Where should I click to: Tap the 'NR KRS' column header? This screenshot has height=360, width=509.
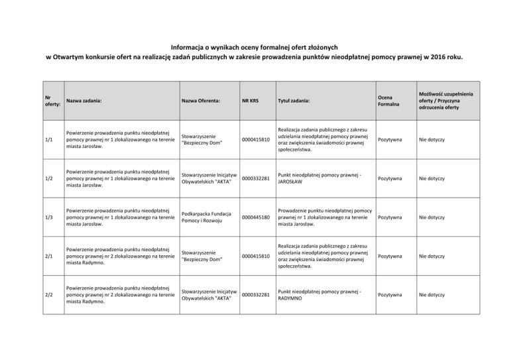tap(251, 100)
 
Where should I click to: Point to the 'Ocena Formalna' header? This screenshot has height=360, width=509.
tap(389, 100)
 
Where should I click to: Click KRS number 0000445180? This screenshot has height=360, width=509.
tap(256, 217)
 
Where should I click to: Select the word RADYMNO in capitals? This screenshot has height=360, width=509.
tap(292, 298)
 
